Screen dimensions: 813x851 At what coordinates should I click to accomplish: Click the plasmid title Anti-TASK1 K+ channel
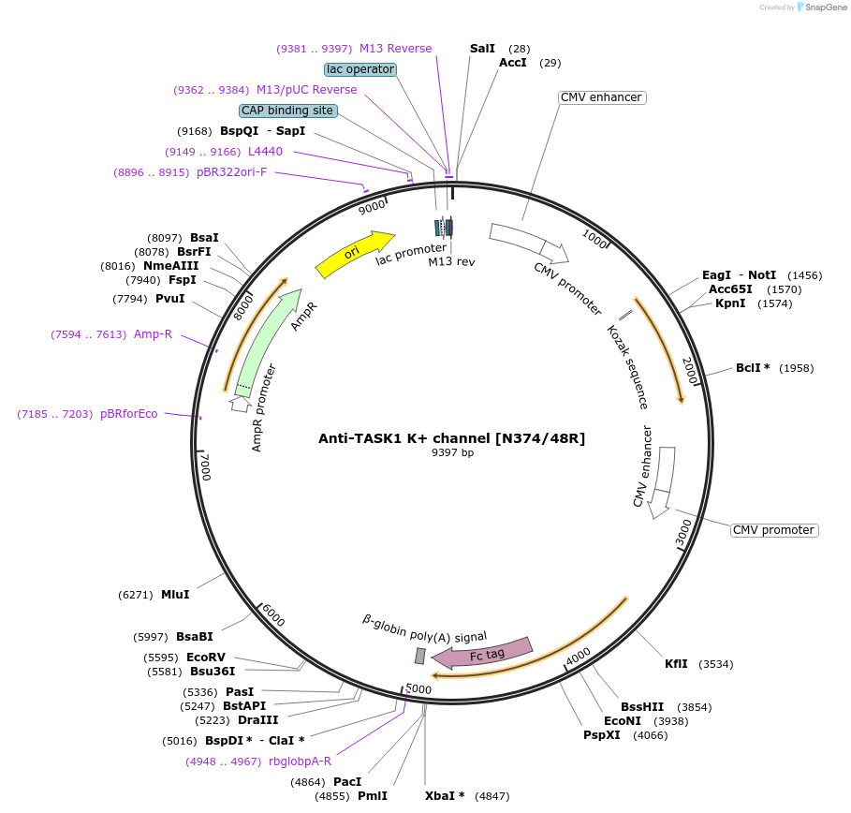tap(451, 437)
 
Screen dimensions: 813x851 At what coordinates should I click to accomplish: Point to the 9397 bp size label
tap(452, 453)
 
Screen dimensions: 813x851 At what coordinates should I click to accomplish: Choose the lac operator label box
tap(360, 69)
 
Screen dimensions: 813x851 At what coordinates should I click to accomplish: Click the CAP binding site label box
tap(287, 111)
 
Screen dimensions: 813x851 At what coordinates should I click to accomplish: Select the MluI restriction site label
tap(175, 595)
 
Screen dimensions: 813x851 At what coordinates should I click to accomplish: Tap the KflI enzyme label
tap(676, 664)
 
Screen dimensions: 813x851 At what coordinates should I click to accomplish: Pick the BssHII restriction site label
tap(642, 707)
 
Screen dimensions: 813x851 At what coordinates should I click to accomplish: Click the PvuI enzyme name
tap(169, 299)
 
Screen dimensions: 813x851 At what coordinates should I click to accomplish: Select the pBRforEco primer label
tap(129, 414)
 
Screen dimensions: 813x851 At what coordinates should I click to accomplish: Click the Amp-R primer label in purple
tap(153, 334)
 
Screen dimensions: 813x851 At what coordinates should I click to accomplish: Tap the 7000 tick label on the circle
tap(205, 466)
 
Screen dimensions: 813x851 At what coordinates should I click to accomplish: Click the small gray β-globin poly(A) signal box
tap(420, 656)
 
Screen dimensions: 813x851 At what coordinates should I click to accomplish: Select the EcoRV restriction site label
tap(206, 658)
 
